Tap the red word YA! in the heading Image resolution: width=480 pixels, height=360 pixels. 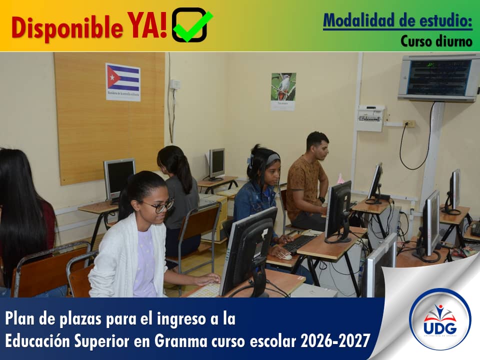[x=147, y=25]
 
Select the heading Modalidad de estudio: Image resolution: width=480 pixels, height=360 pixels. [x=397, y=20]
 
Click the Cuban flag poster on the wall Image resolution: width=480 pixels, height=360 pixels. [x=123, y=82]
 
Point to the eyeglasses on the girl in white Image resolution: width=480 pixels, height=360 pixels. [x=158, y=205]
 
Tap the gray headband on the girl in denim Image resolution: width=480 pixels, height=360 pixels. [x=273, y=158]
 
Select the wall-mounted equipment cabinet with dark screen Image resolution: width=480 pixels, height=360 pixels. [x=438, y=77]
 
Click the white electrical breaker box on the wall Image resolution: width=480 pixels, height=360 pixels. [x=370, y=118]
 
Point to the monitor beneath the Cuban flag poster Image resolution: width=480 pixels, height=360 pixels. [x=119, y=177]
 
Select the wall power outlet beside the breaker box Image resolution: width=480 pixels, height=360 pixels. [x=409, y=123]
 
